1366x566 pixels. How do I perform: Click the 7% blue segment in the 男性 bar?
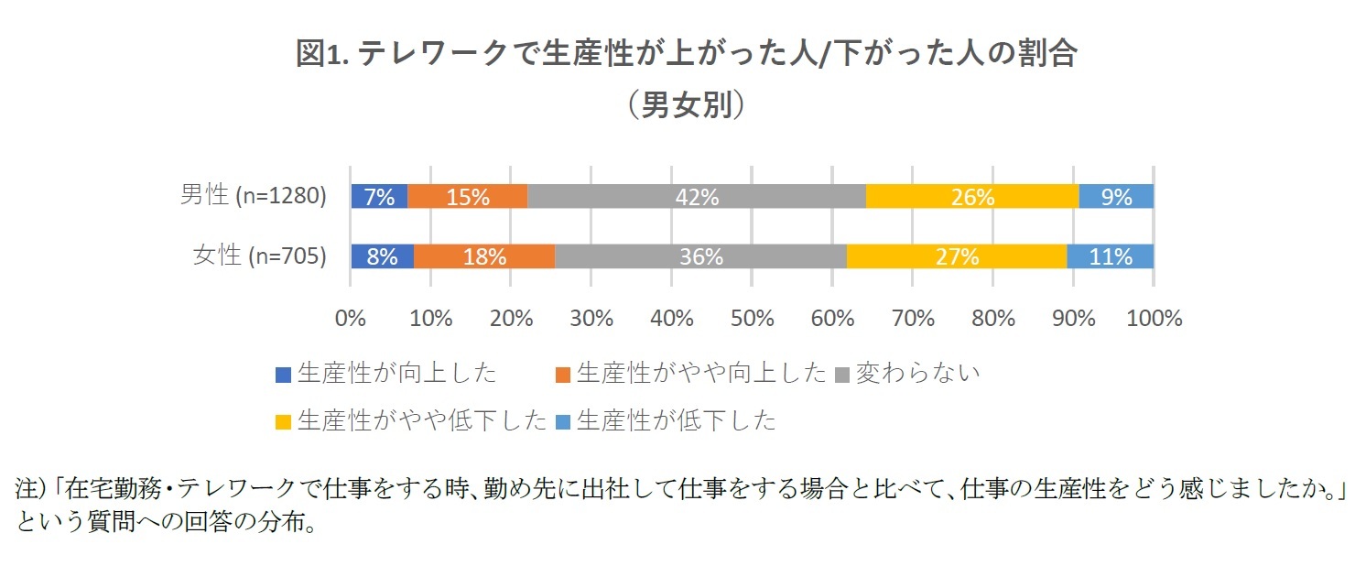(x=379, y=196)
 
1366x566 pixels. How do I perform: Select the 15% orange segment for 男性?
(x=467, y=196)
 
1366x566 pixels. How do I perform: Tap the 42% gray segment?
(x=696, y=196)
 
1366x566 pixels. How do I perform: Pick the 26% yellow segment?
(x=972, y=196)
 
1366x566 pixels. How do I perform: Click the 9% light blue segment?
(x=1116, y=196)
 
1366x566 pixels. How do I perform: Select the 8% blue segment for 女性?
(x=382, y=256)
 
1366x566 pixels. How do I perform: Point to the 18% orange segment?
(x=483, y=256)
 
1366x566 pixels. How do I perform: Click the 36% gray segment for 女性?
(x=700, y=256)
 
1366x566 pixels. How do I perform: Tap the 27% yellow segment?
(x=956, y=256)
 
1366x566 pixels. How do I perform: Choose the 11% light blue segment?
(x=1110, y=256)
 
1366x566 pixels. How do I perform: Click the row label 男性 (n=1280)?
(x=254, y=196)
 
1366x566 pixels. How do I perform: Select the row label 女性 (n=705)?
(x=260, y=256)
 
